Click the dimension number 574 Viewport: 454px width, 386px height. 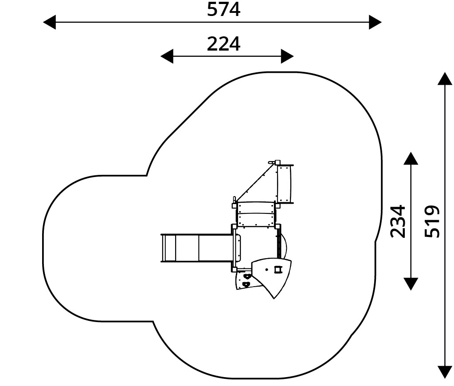point(223,9)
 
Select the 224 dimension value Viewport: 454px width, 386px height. point(223,44)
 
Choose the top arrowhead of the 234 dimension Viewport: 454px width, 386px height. point(411,158)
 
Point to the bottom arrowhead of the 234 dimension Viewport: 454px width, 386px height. point(411,284)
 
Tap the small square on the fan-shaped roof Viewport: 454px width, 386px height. point(278,269)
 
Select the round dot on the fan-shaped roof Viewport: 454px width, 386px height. point(266,270)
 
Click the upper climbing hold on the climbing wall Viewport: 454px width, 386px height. point(247,277)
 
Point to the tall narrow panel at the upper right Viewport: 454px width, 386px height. point(285,184)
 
